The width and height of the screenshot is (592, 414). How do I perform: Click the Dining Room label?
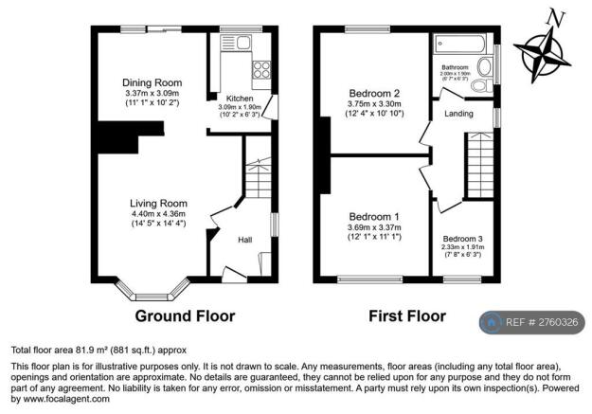[x=152, y=82]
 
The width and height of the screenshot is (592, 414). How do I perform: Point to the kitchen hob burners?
[x=260, y=68]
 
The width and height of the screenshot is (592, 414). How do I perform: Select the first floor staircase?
[x=479, y=165]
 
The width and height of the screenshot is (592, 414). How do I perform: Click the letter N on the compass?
[x=558, y=16]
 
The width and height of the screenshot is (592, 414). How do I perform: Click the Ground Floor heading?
[x=185, y=315]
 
